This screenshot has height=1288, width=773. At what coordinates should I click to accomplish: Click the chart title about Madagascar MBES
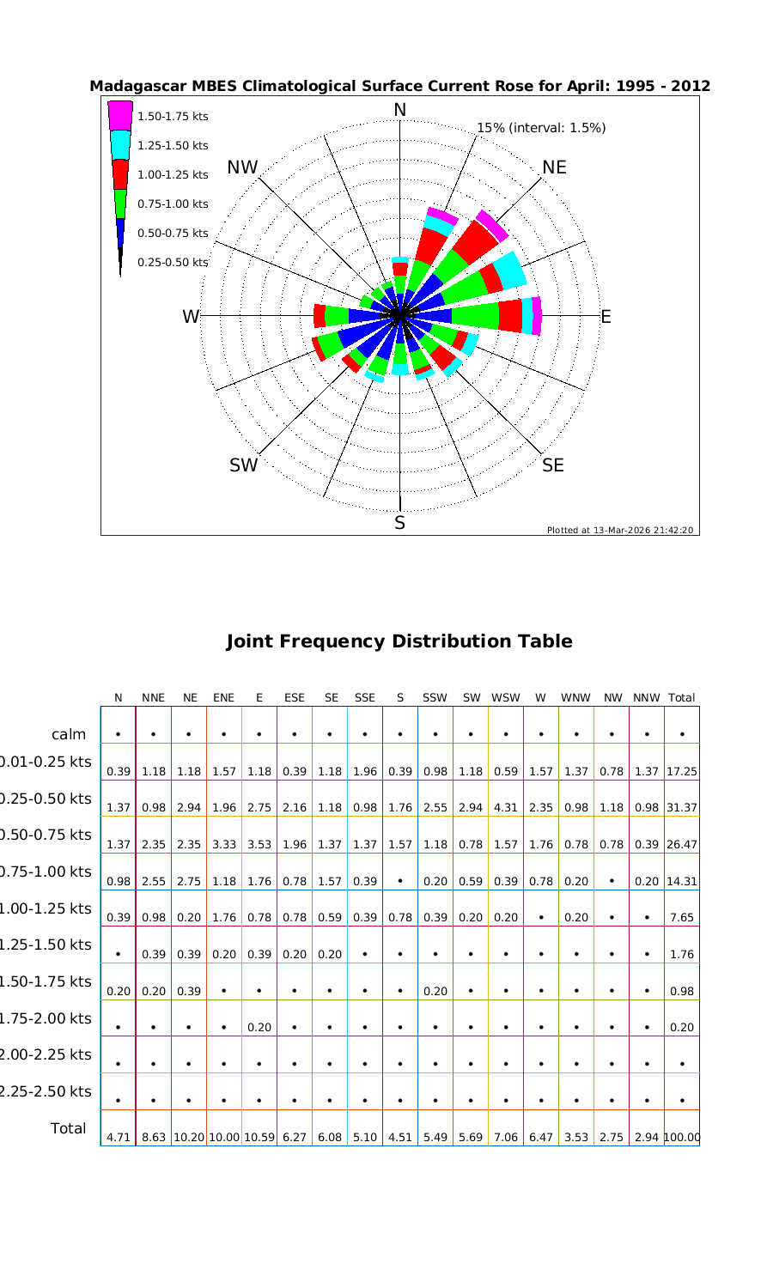(x=399, y=86)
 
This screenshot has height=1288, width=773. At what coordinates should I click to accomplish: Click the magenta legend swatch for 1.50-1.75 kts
(x=120, y=115)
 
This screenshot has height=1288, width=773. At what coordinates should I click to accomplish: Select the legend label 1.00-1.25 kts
(x=173, y=174)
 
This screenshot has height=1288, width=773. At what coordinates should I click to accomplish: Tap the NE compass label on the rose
(x=554, y=167)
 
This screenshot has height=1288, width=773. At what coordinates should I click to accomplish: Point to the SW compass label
(x=243, y=465)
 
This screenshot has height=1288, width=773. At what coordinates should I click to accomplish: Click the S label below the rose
(x=399, y=523)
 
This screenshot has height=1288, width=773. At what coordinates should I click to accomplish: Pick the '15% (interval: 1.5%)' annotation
(x=541, y=128)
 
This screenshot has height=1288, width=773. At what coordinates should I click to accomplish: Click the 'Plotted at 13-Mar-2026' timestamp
(x=620, y=530)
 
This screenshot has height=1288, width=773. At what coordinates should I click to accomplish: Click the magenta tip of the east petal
(x=537, y=316)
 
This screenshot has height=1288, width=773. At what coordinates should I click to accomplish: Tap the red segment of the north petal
(x=400, y=269)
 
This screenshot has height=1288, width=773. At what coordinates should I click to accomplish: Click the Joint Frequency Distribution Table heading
(x=399, y=641)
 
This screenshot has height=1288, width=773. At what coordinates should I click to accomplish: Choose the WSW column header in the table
(x=506, y=698)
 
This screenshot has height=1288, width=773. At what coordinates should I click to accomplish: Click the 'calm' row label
(x=69, y=734)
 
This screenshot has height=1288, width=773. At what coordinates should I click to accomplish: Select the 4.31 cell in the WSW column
(x=506, y=807)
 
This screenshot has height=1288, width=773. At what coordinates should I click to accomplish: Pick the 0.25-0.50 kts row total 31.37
(x=681, y=807)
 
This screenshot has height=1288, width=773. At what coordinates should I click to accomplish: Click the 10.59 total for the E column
(x=259, y=1137)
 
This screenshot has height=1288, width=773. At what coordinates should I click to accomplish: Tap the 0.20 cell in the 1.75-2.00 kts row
(x=259, y=1027)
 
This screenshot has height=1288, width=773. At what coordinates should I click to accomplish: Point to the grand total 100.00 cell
(x=681, y=1137)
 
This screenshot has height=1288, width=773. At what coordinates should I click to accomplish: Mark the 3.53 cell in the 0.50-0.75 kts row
(x=259, y=844)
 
